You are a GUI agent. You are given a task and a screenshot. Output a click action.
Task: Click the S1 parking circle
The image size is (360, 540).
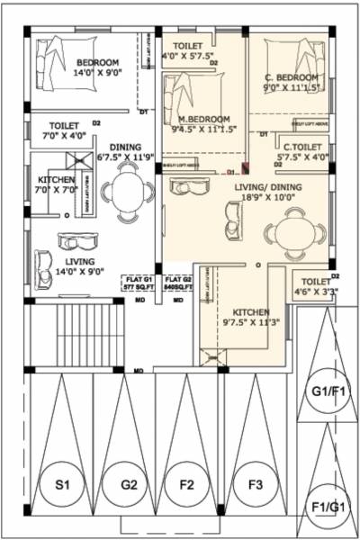[x=61, y=485]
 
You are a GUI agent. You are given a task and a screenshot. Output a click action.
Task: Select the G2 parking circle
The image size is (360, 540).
[x=126, y=485]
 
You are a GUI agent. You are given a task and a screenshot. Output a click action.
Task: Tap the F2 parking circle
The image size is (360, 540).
[x=187, y=485]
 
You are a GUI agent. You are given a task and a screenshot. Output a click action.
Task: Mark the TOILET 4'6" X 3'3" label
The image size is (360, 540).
[x=315, y=285]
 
